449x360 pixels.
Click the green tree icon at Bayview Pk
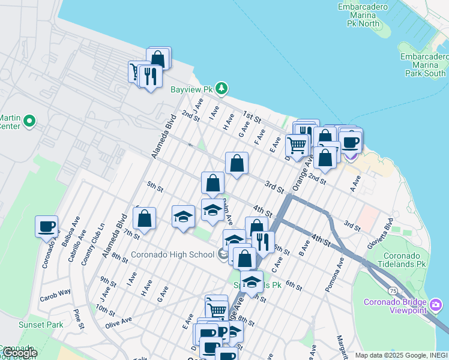coord(222,89)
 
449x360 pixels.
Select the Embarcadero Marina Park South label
coord(424,65)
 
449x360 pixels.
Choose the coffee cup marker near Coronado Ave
coord(46,227)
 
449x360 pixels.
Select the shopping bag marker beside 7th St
coord(145,218)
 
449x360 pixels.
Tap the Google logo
coord(19,353)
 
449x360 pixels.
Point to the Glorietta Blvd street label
coord(380,233)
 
